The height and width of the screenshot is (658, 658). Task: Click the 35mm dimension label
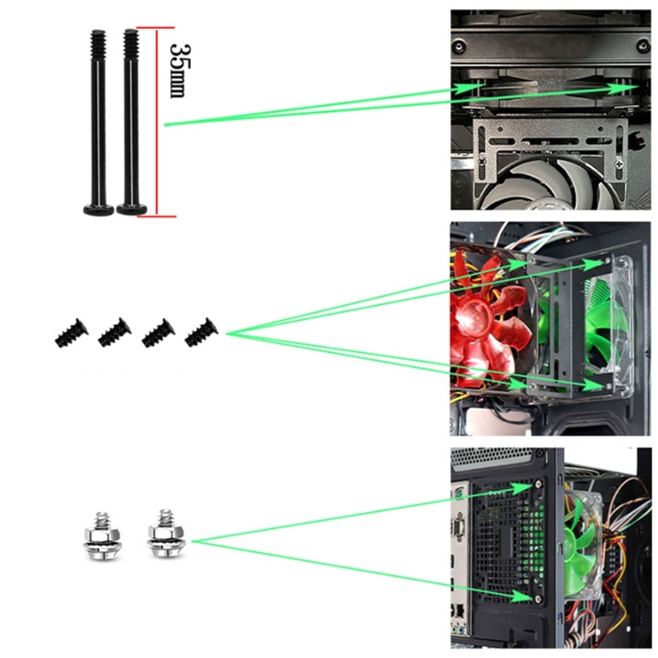click(179, 70)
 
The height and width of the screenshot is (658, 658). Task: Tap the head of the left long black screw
click(99, 209)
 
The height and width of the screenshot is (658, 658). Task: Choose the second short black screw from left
click(114, 332)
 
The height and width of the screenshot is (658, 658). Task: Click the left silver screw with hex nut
click(99, 536)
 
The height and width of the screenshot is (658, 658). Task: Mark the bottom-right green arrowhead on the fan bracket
click(599, 385)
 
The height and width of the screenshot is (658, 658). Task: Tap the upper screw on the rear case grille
click(539, 484)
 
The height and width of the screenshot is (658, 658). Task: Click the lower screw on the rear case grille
click(538, 600)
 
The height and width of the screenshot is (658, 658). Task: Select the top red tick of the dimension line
click(155, 28)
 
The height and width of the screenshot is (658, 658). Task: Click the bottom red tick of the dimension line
click(159, 216)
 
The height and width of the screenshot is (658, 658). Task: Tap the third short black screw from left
click(158, 333)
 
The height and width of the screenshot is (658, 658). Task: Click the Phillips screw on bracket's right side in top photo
click(619, 164)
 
